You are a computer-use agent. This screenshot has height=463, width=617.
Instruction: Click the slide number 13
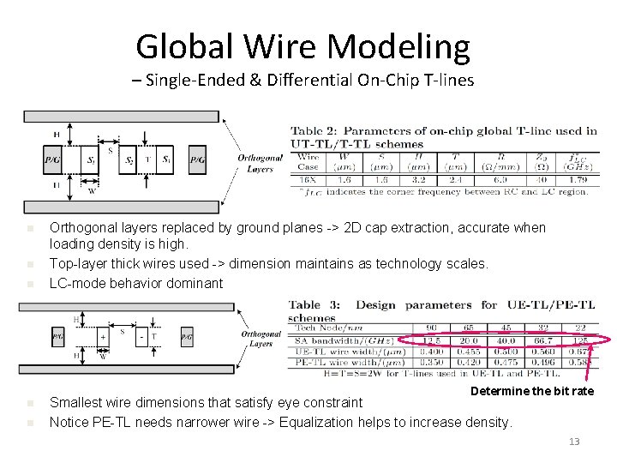coord(574,442)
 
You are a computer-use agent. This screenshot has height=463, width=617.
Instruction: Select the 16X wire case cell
coord(308,181)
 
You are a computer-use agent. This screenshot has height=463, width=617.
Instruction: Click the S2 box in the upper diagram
coord(129,159)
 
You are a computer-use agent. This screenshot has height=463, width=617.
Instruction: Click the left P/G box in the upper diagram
coord(53,159)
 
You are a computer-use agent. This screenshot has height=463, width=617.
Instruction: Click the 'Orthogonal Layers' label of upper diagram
coord(259,163)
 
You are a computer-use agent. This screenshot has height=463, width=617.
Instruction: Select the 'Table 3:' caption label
coord(314,304)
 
